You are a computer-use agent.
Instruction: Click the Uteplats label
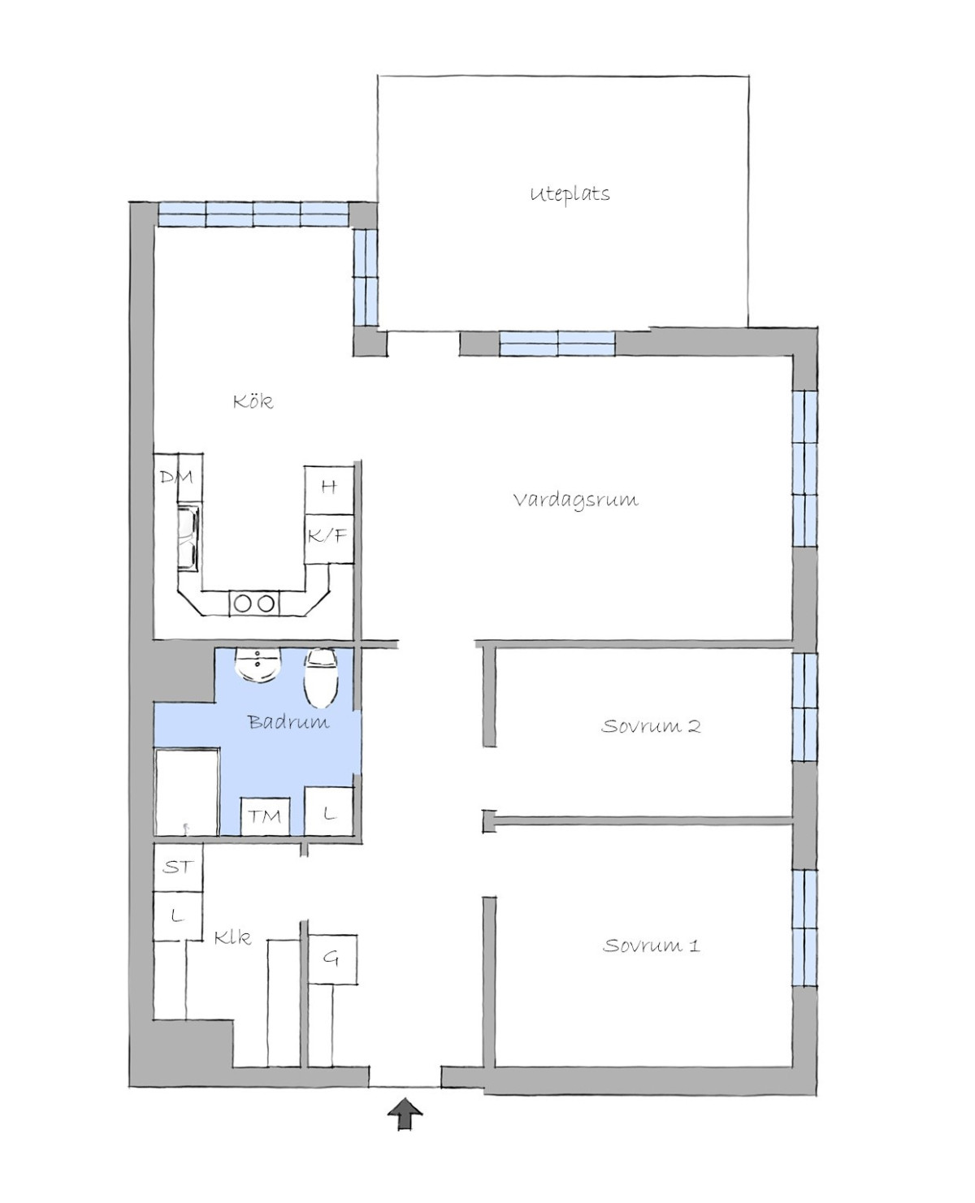[x=570, y=194]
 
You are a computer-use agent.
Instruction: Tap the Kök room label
[x=253, y=401]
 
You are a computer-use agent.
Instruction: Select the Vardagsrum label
[x=575, y=500]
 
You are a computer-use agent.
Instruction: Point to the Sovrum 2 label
[x=650, y=725]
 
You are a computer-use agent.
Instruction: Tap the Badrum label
[x=288, y=721]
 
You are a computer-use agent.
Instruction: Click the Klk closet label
[x=232, y=937]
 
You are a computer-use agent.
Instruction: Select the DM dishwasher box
[x=177, y=478]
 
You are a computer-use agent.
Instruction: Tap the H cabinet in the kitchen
[x=329, y=490]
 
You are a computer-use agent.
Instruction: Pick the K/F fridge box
[x=329, y=539]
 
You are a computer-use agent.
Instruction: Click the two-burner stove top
[x=254, y=604]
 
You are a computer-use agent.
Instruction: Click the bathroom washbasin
[x=258, y=665]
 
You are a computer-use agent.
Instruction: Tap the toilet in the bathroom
[x=321, y=677]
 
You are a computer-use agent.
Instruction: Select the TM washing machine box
[x=265, y=816]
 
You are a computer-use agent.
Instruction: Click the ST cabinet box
[x=178, y=867]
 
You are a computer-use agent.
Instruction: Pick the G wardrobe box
[x=332, y=959]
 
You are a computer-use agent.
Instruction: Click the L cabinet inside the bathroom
[x=329, y=811]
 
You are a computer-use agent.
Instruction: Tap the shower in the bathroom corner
[x=187, y=793]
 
